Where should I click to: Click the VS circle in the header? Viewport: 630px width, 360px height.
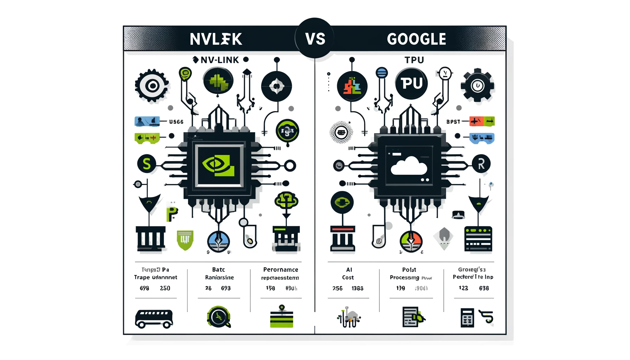click(315, 38)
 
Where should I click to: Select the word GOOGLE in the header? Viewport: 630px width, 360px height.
click(417, 39)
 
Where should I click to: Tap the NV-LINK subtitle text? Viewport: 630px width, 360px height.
click(220, 60)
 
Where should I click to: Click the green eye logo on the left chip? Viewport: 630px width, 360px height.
click(218, 165)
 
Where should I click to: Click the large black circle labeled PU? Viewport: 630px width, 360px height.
click(411, 84)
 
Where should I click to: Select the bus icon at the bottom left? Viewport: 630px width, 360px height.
click(154, 319)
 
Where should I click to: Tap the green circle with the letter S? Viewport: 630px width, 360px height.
click(147, 164)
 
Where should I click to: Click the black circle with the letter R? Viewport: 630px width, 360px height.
click(481, 164)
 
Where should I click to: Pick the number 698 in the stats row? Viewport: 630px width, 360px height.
click(144, 288)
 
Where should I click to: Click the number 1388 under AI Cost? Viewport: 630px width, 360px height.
click(358, 288)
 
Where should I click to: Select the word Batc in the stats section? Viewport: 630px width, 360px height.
click(218, 270)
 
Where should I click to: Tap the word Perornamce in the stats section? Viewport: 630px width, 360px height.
click(281, 270)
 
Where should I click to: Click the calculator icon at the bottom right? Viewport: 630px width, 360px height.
click(467, 318)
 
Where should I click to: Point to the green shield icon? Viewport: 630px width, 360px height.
click(185, 240)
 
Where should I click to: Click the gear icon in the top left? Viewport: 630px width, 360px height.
click(152, 86)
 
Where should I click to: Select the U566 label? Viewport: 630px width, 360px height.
click(176, 122)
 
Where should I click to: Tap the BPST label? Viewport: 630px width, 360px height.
click(453, 122)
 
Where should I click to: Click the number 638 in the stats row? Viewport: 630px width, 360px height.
click(484, 288)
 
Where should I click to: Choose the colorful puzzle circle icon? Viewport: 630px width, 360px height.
click(352, 86)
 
